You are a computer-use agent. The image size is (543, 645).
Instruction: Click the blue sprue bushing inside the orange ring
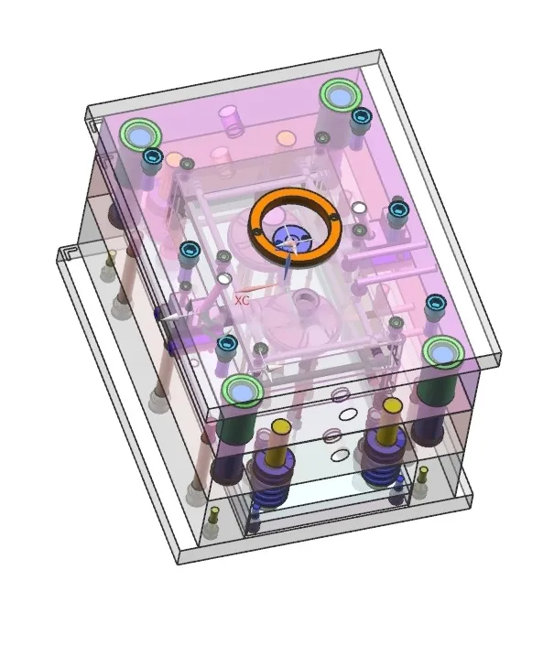coord(292,240)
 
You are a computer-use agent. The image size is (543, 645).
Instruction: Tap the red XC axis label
coord(242,300)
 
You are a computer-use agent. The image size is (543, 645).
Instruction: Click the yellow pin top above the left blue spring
coord(281,426)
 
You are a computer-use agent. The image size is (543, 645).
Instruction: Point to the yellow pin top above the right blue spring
coord(392,405)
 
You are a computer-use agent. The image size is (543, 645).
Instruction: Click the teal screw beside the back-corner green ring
coord(361,116)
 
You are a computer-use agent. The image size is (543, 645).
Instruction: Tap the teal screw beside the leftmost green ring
coord(153,156)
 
